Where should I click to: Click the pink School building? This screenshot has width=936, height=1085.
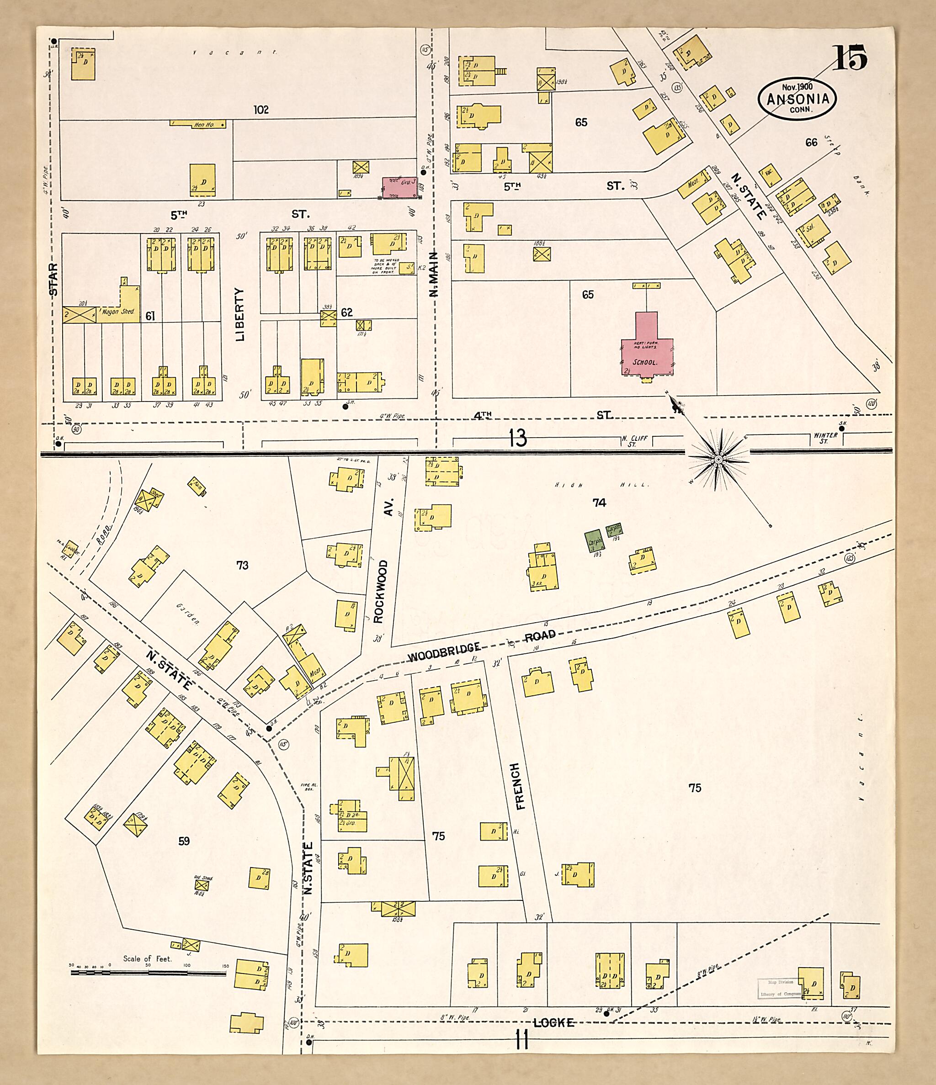[647, 351]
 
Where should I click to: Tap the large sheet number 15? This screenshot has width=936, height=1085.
[850, 57]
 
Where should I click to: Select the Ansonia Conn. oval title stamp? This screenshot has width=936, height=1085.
[797, 98]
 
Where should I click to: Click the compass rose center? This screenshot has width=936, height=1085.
[718, 459]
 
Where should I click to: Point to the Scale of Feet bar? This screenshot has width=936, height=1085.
[148, 973]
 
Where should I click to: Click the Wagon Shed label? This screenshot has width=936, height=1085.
[118, 311]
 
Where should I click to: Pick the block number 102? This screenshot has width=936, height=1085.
[261, 110]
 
